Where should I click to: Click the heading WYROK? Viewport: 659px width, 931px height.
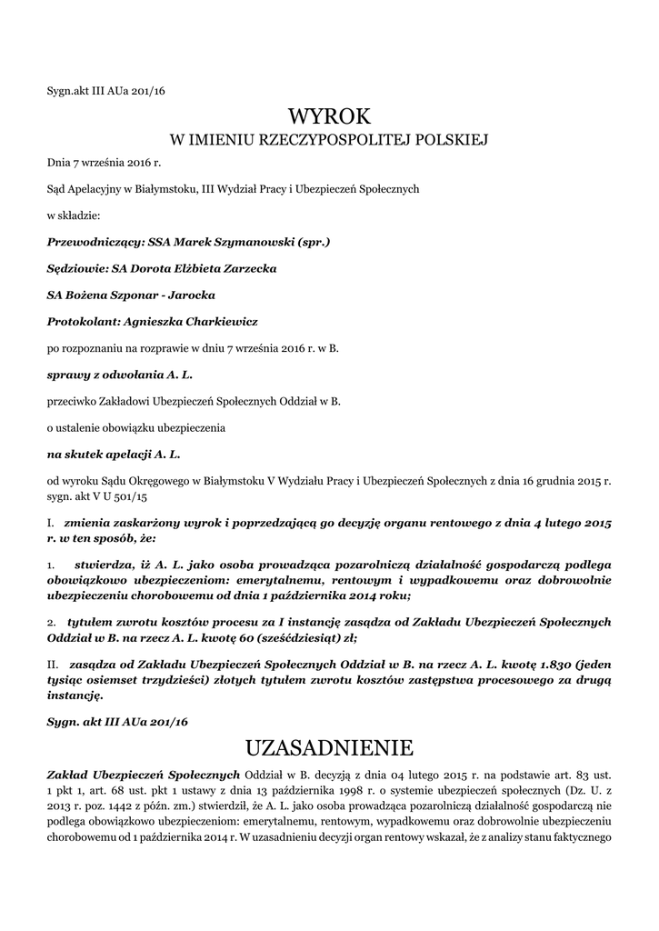(329, 115)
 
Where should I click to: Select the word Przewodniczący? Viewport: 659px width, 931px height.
(87, 243)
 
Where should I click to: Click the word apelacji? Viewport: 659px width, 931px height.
(128, 451)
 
